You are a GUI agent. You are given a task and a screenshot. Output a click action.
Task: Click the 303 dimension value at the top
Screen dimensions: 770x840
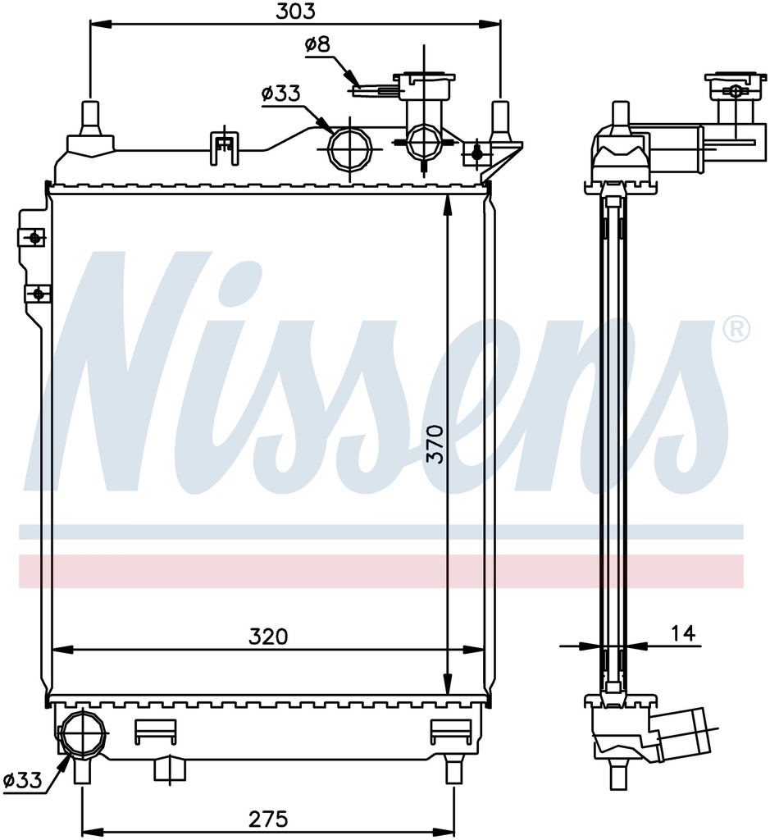[x=295, y=11]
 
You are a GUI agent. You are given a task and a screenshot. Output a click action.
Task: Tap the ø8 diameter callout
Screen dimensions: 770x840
[x=318, y=44]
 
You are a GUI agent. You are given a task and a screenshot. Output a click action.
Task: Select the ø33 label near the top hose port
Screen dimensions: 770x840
[x=281, y=94]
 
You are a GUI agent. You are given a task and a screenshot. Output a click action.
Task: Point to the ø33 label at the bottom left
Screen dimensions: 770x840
[x=22, y=781]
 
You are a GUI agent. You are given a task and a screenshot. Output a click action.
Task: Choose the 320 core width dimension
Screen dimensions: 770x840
[x=268, y=637]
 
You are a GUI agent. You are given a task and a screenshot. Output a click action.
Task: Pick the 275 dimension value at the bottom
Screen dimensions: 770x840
[x=268, y=819]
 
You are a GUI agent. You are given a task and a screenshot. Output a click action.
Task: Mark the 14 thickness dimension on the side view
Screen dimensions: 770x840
[x=685, y=633]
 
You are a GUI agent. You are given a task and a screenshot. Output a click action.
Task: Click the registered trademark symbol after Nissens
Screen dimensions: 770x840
[x=737, y=330]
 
